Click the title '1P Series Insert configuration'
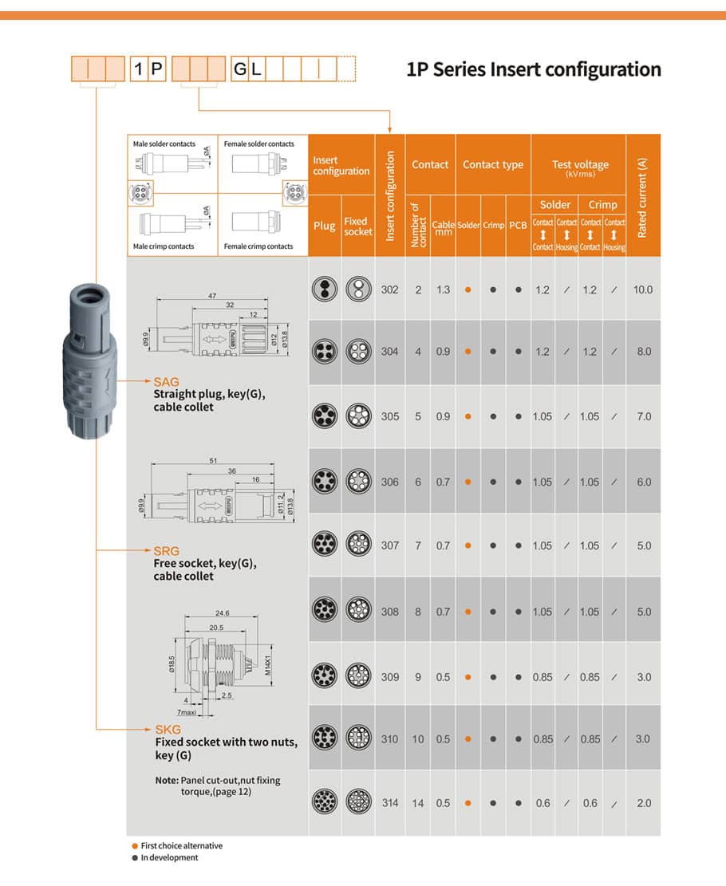click(534, 69)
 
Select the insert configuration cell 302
click(389, 290)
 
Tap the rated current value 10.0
click(642, 290)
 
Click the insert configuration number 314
click(389, 803)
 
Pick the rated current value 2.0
click(643, 803)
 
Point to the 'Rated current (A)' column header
click(643, 196)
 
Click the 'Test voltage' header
click(579, 166)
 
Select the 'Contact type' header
click(493, 165)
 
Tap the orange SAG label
click(167, 382)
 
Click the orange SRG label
click(167, 551)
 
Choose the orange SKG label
click(167, 729)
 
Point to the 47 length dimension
click(212, 296)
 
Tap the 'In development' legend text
click(169, 857)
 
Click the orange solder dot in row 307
click(468, 546)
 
